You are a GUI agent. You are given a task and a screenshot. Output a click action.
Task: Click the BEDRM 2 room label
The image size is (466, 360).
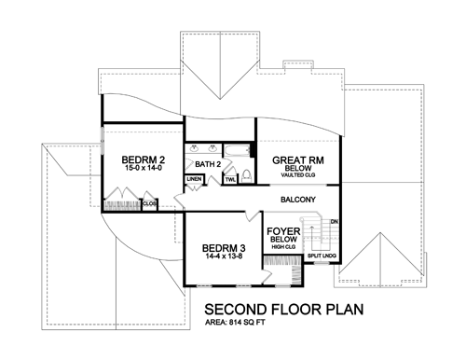pyautogui.click(x=144, y=160)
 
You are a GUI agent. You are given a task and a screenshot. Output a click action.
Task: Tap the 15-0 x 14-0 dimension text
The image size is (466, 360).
pyautogui.click(x=143, y=168)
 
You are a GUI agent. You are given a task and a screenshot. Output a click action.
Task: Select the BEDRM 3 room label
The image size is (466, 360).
pyautogui.click(x=224, y=248)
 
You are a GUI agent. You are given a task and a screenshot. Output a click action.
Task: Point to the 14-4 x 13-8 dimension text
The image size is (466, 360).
pyautogui.click(x=224, y=256)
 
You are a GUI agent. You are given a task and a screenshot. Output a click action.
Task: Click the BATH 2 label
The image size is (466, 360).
pyautogui.click(x=208, y=164)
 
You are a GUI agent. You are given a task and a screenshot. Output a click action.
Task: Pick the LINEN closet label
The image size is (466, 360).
pyautogui.click(x=194, y=179)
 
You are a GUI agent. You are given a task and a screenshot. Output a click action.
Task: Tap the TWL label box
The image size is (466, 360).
pyautogui.click(x=230, y=180)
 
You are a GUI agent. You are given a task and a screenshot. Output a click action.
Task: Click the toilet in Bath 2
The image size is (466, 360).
pyautogui.click(x=247, y=176)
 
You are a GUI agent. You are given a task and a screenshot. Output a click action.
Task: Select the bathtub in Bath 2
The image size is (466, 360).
pyautogui.click(x=237, y=151)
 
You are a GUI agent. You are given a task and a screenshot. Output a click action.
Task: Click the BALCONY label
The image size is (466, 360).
pyautogui.click(x=298, y=200)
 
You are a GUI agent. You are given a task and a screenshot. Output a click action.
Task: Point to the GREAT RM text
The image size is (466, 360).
pyautogui.click(x=298, y=160)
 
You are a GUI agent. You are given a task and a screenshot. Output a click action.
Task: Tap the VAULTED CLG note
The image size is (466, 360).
pyautogui.click(x=298, y=175)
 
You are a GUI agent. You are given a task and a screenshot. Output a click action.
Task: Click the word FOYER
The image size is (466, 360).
pyautogui.click(x=283, y=231)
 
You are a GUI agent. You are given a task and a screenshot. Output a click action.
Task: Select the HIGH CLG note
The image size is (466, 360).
pyautogui.click(x=283, y=247)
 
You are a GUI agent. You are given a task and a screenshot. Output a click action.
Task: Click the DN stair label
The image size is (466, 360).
pyautogui.click(x=335, y=222)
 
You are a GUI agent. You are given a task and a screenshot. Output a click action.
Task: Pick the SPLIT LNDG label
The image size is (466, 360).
pyautogui.click(x=322, y=256)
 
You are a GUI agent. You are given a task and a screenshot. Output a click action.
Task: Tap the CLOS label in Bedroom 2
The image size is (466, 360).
pyautogui.click(x=150, y=203)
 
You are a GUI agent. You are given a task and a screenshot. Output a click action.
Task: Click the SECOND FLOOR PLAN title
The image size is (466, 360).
pyautogui.click(x=284, y=310)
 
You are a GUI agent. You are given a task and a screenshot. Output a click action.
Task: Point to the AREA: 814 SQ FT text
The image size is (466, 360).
pyautogui.click(x=235, y=323)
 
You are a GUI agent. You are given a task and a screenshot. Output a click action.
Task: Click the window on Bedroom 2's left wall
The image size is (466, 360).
pyautogui.click(x=102, y=141)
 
